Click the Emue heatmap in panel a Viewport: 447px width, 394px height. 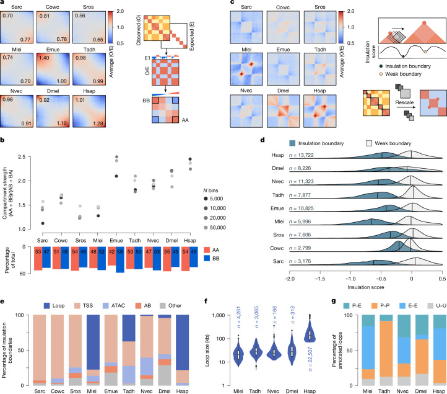53,69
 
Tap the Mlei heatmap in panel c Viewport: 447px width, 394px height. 246,69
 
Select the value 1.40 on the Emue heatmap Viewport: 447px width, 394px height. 44,58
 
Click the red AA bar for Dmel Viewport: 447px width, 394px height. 167,259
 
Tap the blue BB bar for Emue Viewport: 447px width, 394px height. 120,260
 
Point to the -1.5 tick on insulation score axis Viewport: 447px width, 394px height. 320,279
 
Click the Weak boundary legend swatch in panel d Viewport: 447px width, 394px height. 369,143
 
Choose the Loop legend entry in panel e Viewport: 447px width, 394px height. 54,306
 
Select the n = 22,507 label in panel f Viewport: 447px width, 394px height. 310,359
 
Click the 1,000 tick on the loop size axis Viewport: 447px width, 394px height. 219,315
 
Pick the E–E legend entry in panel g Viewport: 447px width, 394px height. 409,306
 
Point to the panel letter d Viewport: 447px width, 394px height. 263,140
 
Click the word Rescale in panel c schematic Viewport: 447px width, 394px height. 404,102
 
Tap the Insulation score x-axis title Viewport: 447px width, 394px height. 366,287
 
